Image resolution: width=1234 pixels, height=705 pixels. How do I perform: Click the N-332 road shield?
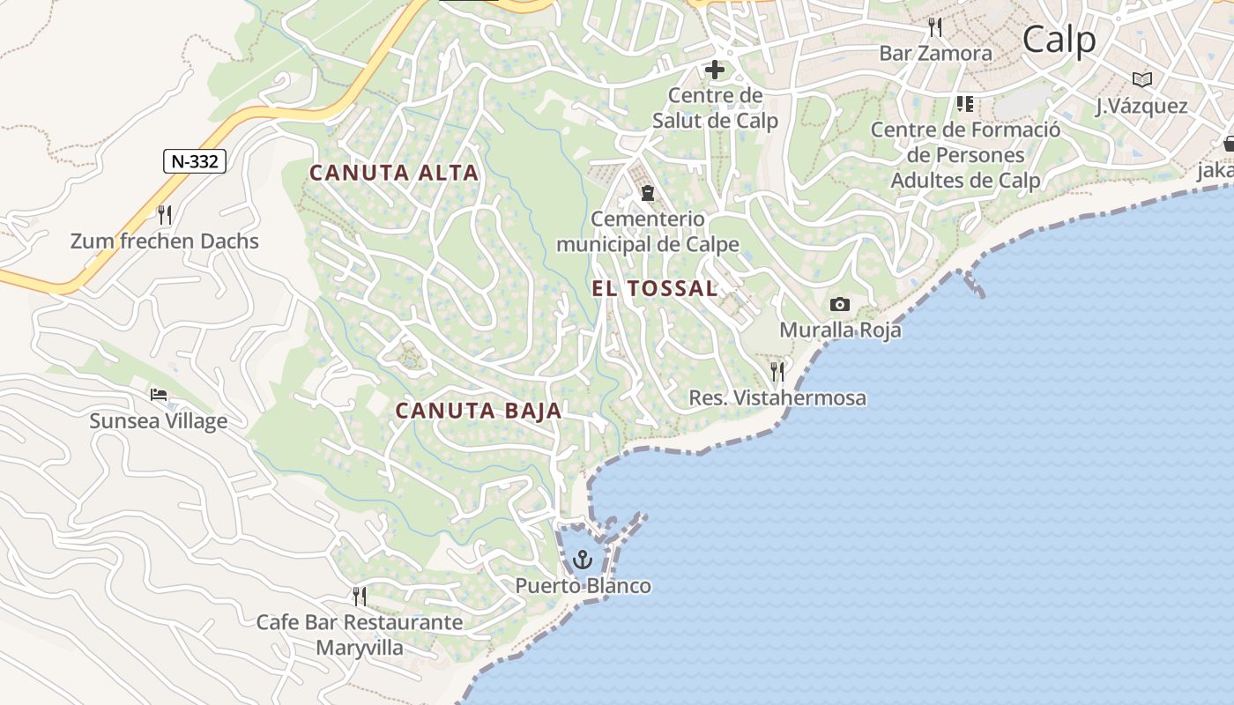coord(195,161)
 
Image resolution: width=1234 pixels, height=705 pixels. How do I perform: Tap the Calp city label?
coord(1059,40)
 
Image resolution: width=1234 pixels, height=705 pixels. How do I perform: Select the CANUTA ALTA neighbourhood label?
coord(394,173)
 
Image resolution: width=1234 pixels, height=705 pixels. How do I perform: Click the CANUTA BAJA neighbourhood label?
coord(479,411)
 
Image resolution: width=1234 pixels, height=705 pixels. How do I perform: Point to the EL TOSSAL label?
coord(655,288)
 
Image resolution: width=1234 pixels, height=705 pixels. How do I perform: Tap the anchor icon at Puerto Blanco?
coord(582,559)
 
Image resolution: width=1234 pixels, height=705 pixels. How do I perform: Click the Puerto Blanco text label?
coord(583,586)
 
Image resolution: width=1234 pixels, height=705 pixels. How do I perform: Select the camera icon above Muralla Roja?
coord(840,304)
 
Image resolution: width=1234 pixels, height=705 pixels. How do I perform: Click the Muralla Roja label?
coord(840,330)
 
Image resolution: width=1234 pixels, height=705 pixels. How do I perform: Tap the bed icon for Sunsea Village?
coord(159,394)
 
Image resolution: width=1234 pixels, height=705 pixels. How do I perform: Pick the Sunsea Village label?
coord(159,420)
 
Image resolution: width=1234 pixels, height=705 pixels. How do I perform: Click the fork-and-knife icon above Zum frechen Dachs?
coord(164,213)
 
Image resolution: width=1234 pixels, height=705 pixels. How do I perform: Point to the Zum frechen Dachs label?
coord(165,241)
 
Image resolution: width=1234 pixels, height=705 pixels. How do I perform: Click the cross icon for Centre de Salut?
coord(715,69)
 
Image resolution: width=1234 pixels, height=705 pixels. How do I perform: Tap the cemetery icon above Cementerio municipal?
coord(648,192)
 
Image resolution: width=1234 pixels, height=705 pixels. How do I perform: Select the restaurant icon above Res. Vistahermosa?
coord(777,371)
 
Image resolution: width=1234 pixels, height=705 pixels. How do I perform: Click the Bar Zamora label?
coord(935,53)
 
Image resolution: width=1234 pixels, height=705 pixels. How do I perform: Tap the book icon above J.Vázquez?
coord(1142,79)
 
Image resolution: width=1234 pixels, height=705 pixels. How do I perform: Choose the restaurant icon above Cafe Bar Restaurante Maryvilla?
coord(360,597)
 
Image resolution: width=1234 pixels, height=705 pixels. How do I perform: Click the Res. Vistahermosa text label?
coord(777,398)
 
